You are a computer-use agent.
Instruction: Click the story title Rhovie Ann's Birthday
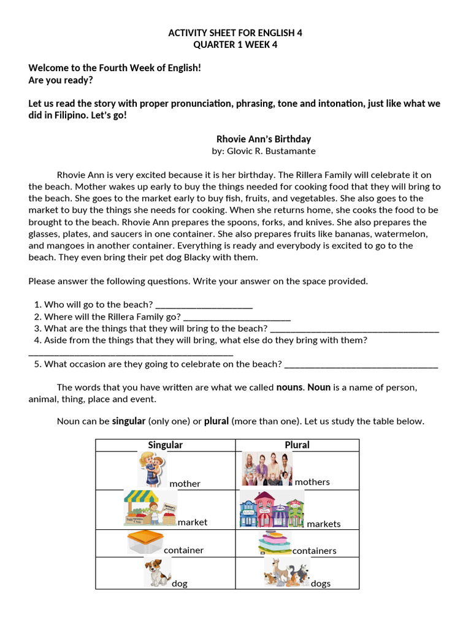click(x=264, y=139)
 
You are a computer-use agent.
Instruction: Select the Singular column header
click(x=165, y=445)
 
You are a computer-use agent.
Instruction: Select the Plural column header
click(x=297, y=445)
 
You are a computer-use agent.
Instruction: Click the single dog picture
click(x=157, y=572)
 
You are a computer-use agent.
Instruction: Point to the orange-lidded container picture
click(x=145, y=542)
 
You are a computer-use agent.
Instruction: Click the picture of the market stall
click(x=150, y=508)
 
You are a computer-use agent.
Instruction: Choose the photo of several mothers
click(x=267, y=469)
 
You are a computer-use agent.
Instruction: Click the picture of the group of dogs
click(x=286, y=572)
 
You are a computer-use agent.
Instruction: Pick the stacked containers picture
click(x=275, y=543)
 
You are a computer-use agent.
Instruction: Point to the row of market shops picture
click(x=271, y=509)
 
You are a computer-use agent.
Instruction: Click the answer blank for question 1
click(x=204, y=305)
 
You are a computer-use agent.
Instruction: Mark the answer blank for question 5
click(x=361, y=364)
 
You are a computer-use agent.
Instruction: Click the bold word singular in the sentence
click(x=128, y=421)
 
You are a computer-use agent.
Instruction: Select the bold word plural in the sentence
click(x=216, y=421)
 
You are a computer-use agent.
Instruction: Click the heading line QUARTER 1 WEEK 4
click(x=235, y=44)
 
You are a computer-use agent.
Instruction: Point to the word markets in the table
click(x=323, y=524)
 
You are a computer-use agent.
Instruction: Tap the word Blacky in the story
click(x=184, y=258)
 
